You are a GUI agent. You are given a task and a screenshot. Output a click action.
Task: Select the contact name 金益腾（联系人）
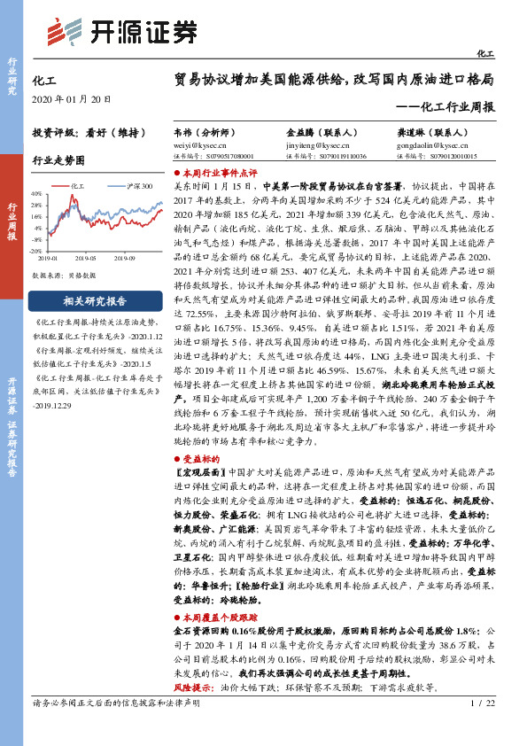[320, 131]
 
